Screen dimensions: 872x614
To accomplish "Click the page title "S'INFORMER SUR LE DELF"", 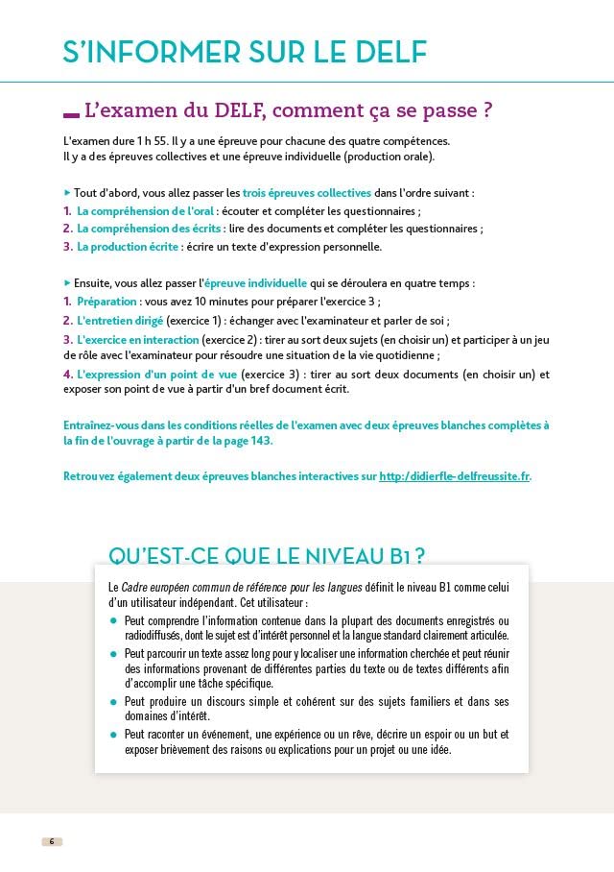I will (x=245, y=52).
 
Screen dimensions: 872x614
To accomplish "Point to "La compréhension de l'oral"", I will (x=145, y=211).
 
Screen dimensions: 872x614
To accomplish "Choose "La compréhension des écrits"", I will (x=149, y=229).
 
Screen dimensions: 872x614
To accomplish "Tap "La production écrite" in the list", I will (x=128, y=247).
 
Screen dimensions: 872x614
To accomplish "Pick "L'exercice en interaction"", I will (x=138, y=339).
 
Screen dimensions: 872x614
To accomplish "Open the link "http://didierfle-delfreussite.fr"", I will (x=454, y=476).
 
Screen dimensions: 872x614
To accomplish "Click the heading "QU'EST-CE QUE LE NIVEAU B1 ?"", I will (x=267, y=556).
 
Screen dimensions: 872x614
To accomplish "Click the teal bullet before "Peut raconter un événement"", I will (x=113, y=734).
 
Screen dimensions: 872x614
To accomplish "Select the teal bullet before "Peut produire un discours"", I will (x=113, y=701).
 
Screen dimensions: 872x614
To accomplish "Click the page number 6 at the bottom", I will (x=52, y=842).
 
